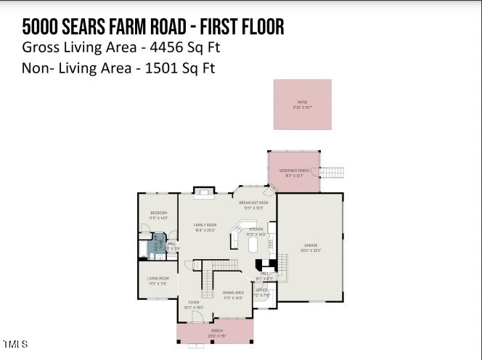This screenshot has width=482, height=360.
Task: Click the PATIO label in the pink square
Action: coord(302,102)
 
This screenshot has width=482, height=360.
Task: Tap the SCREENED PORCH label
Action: coord(294,171)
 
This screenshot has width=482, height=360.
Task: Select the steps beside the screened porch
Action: coord(332,172)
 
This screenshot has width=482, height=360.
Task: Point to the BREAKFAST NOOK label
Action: coord(253,203)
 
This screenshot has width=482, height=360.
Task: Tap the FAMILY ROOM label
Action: coord(205,226)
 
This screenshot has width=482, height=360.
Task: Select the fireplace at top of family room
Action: coord(204,192)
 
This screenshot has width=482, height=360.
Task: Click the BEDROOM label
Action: coord(158,213)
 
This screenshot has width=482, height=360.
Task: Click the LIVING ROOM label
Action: coord(158,279)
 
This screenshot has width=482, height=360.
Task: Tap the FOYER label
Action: coord(194,303)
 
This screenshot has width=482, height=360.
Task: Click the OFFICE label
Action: coord(261,291)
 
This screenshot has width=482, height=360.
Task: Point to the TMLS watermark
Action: coord(15,343)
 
